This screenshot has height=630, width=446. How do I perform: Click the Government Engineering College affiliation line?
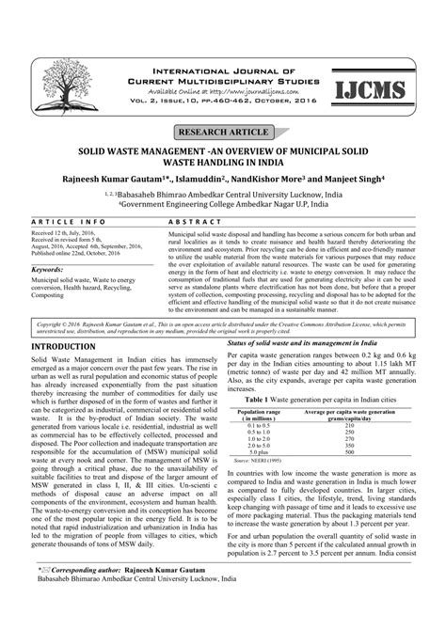pyautogui.click(x=222, y=200)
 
